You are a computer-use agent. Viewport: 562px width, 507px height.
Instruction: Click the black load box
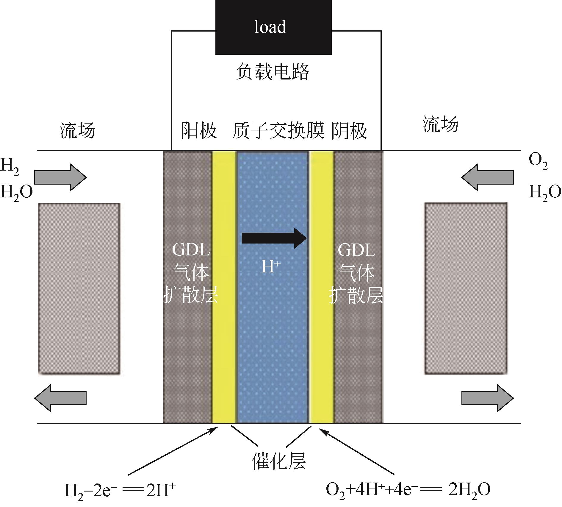pos(273,27)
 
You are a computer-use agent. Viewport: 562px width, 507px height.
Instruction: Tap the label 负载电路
pos(273,71)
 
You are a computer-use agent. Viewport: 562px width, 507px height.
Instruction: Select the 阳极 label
pos(199,130)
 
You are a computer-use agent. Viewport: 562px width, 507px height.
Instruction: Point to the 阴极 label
pos(349,130)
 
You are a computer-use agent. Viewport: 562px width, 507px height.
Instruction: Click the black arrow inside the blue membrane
pos(274,238)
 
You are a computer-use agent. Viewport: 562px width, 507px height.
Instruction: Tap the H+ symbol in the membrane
pos(271,266)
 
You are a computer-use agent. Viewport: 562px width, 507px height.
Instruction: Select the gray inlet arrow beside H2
pos(60,177)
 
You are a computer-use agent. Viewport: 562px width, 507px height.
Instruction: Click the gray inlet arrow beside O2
pos(487,177)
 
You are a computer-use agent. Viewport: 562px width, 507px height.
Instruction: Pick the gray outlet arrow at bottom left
pos(60,398)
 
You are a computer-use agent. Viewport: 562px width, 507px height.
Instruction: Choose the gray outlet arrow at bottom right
pos(487,398)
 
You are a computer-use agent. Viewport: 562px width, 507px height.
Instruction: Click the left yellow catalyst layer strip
pos(224,287)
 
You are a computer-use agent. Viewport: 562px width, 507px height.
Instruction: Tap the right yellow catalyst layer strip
pos(322,287)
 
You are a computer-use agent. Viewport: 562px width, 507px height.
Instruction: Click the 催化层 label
pos(278,461)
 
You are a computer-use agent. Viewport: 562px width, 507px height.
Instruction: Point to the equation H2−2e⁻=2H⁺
pos(120,490)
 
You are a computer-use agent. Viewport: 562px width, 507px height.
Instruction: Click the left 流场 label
pos(77,130)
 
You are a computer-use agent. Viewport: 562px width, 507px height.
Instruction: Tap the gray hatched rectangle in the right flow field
pos(466,288)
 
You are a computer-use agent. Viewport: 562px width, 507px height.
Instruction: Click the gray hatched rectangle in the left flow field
pos(79,288)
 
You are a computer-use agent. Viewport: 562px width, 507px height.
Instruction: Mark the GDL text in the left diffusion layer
pos(191,250)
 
